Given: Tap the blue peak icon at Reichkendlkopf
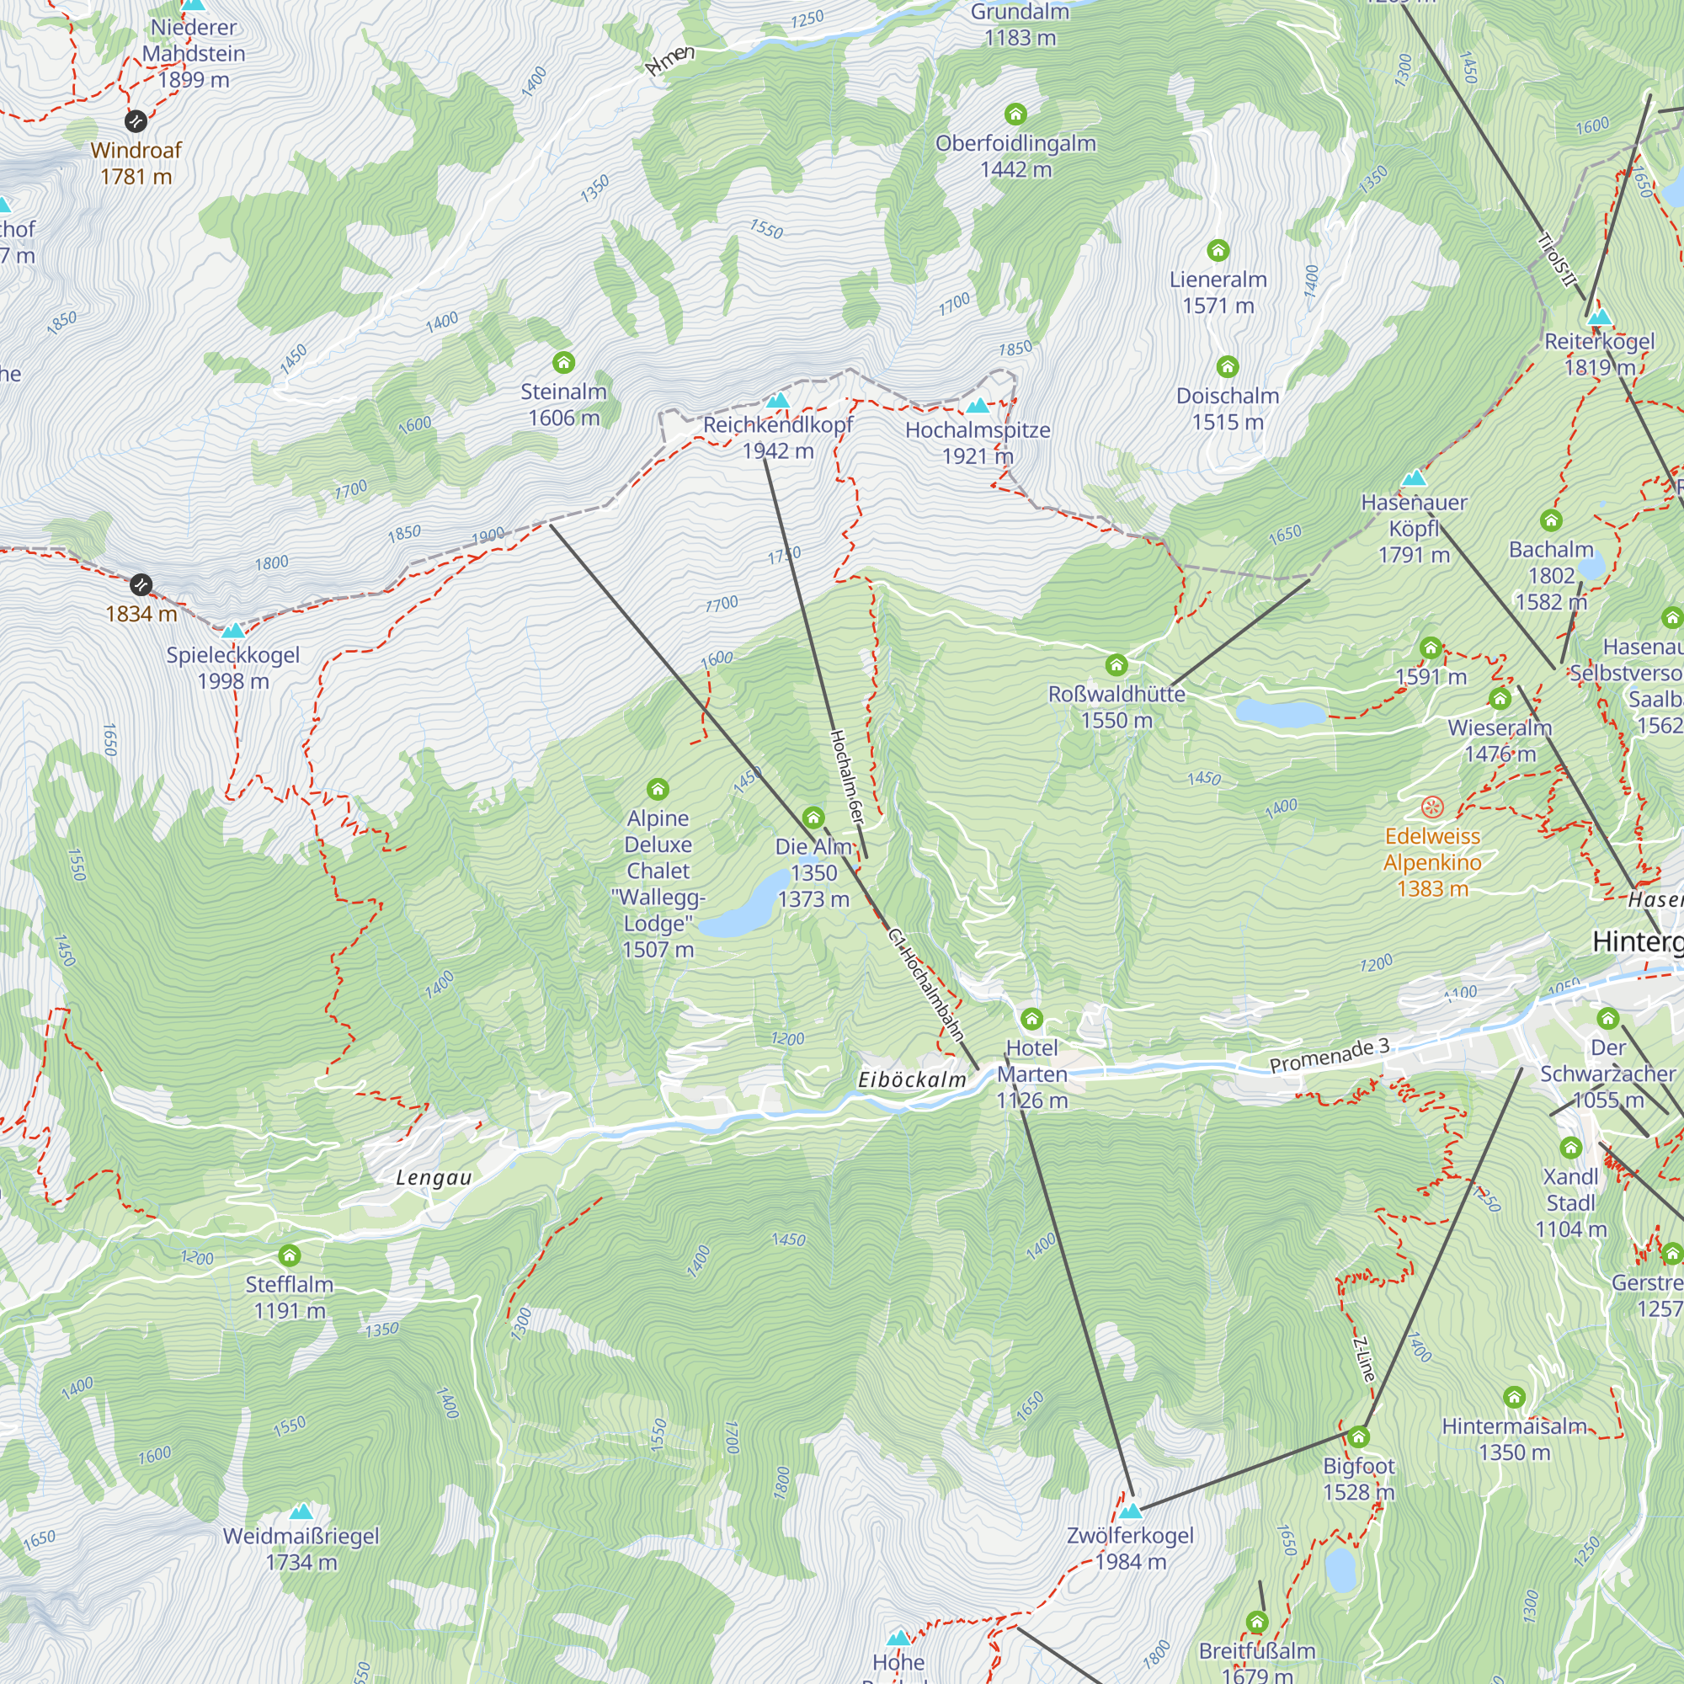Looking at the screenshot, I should [777, 400].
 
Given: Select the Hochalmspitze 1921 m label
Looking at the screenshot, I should [977, 442].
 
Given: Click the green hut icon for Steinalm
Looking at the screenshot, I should [563, 362].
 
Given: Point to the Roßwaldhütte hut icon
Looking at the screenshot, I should [1116, 666].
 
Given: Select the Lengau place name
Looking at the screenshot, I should [433, 1178].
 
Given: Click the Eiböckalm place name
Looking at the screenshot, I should [912, 1079].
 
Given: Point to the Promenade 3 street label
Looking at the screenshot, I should [1329, 1056].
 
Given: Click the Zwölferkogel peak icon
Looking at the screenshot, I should [1131, 1511].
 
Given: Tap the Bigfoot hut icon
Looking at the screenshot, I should [1358, 1436].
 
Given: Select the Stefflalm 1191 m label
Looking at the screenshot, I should [290, 1297].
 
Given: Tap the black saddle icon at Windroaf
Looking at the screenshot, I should [135, 120].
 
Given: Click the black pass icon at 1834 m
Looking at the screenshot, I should [141, 584].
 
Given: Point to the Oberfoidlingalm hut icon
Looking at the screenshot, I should [1015, 115].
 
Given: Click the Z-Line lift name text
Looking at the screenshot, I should [1364, 1359].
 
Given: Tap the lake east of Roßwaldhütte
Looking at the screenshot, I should [1281, 713].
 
